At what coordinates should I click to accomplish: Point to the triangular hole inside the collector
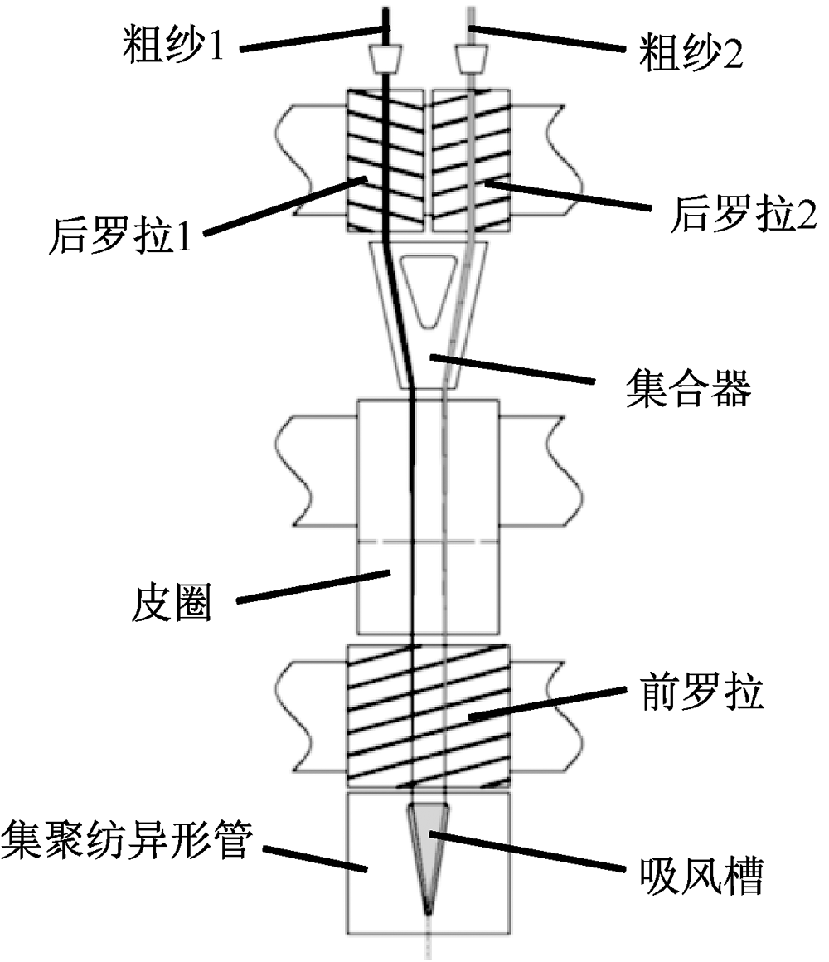click(426, 287)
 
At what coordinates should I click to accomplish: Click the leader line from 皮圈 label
click(315, 584)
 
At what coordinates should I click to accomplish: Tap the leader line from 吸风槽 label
click(527, 853)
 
